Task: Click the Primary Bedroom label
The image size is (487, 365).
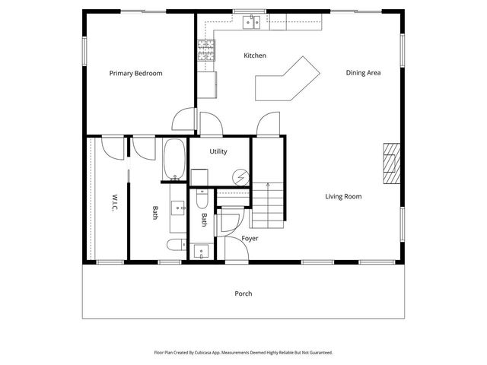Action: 135,74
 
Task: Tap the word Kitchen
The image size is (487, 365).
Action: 254,56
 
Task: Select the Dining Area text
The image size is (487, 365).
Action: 363,74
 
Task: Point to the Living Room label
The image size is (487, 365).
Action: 343,197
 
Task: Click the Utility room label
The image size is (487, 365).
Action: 218,152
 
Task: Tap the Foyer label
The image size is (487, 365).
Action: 250,239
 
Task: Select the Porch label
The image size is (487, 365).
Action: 243,294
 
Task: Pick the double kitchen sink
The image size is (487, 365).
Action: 253,22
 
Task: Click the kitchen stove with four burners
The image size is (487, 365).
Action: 206,51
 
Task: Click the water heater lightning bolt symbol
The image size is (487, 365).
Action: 240,176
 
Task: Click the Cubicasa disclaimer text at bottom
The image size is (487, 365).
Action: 243,353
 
